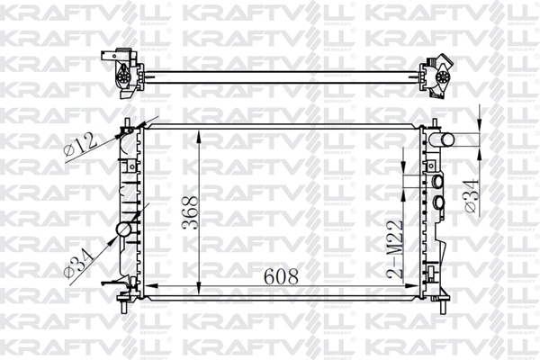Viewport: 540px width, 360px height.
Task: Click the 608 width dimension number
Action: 281,276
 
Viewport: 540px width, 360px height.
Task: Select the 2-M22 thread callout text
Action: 395,249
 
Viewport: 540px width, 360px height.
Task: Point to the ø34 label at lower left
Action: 80,263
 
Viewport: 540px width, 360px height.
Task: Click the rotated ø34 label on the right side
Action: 472,195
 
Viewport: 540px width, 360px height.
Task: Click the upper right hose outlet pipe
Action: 446,139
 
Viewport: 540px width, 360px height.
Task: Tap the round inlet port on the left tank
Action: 124,229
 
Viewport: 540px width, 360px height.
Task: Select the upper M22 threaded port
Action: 437,181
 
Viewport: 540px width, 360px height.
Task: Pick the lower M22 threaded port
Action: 438,202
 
